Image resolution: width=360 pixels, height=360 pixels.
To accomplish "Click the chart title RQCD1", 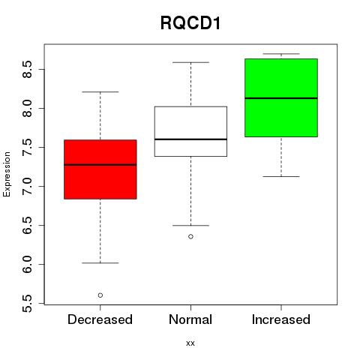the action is tap(190, 23).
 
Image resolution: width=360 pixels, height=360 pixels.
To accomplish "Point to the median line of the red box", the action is tap(100, 165).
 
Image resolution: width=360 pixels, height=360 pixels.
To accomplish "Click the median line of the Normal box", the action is tap(190, 139).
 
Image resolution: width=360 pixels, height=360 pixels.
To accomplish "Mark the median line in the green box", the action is tap(281, 98).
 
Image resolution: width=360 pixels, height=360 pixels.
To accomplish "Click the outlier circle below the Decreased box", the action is tap(100, 295).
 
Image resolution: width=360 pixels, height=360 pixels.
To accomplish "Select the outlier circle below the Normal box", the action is tap(190, 236).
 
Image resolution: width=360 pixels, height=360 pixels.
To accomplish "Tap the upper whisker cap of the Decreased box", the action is tap(100, 92).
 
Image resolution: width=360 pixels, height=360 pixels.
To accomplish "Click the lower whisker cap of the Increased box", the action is tap(281, 177).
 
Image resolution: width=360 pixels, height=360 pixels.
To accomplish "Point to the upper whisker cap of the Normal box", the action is tap(190, 62).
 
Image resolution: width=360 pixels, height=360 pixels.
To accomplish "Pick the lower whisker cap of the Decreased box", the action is tap(100, 263).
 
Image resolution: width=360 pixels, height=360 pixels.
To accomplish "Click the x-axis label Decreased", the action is tap(100, 319).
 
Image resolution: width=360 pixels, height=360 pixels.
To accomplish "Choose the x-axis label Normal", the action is tap(190, 319).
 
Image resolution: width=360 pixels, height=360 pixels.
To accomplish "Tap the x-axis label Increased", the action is tap(281, 319).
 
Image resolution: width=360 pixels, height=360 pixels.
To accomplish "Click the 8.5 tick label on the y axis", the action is tap(27, 69).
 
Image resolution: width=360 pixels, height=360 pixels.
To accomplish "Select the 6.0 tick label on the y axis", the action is tap(27, 264).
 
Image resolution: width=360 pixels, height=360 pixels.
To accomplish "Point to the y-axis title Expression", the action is tap(7, 175).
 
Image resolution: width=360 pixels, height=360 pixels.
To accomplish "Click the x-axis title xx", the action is tap(190, 343).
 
